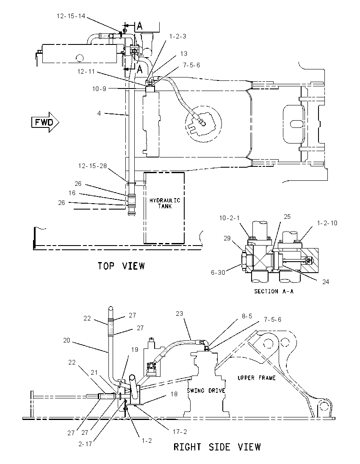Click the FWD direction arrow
(x=45, y=122)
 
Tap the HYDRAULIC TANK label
(x=165, y=203)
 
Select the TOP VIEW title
(x=122, y=266)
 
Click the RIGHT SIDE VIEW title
(x=217, y=447)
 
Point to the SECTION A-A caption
(x=274, y=291)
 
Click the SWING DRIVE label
(x=206, y=391)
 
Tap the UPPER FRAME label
(x=256, y=378)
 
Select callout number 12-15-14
(x=71, y=16)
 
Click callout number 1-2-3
(x=177, y=36)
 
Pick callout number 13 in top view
(x=183, y=54)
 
